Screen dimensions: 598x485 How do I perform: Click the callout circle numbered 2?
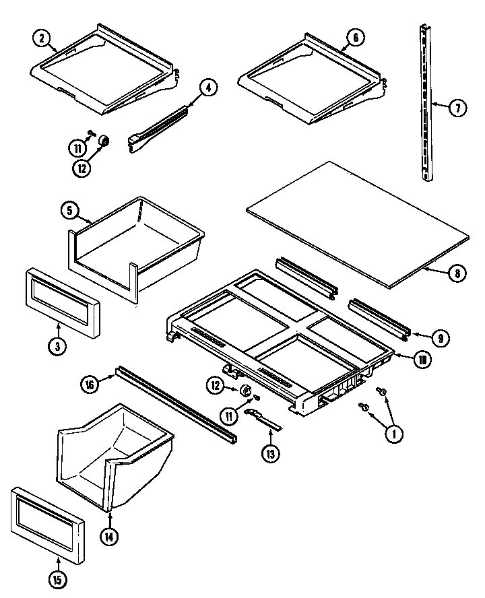click(x=41, y=40)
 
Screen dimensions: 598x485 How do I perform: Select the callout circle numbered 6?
click(x=355, y=38)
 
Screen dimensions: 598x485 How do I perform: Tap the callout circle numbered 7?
click(x=457, y=107)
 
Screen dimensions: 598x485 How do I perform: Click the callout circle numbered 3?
click(x=59, y=347)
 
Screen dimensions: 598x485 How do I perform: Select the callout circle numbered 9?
click(x=439, y=337)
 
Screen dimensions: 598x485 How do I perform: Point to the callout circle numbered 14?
click(x=108, y=537)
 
